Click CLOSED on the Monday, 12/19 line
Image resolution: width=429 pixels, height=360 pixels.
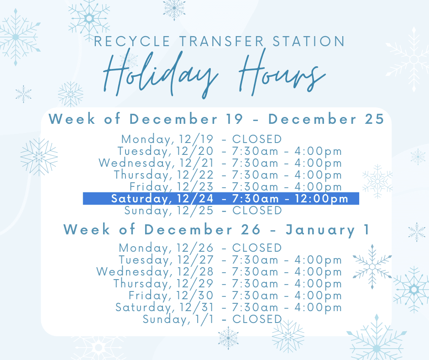tap(257, 139)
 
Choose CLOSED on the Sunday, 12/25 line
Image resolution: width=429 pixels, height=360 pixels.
tap(257, 211)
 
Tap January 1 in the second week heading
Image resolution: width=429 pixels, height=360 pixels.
tap(327, 229)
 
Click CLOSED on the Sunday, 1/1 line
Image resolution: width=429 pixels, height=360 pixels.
tap(257, 319)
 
